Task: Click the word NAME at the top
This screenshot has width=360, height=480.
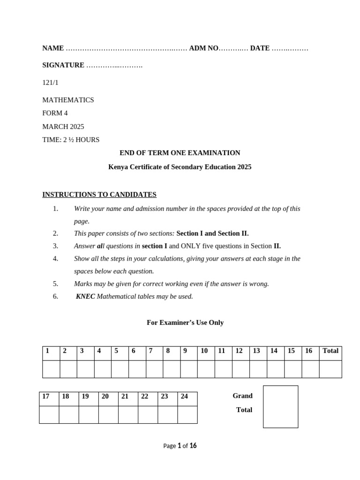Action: tap(53, 48)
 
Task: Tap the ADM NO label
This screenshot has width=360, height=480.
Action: tap(204, 48)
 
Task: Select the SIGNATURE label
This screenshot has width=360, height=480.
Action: tap(63, 65)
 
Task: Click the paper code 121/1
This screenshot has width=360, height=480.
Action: tap(51, 82)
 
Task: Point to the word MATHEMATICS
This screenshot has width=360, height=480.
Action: tap(68, 100)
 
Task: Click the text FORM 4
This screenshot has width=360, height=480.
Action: tap(55, 113)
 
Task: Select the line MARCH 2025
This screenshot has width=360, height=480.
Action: tap(63, 127)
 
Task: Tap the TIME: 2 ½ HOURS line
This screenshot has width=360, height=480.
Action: tap(71, 140)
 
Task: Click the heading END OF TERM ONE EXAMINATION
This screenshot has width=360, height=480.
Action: tap(180, 153)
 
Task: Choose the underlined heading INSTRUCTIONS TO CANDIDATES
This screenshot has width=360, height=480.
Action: tap(99, 195)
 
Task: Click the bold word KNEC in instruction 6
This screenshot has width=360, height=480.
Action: tap(85, 296)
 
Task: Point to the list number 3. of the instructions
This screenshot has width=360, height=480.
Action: tap(55, 246)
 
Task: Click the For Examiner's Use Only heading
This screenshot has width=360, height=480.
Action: tap(185, 322)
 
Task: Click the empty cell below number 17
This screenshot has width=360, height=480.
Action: tap(49, 414)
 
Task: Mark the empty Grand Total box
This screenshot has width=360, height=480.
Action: tap(280, 406)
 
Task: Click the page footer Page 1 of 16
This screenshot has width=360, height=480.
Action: tap(180, 446)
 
